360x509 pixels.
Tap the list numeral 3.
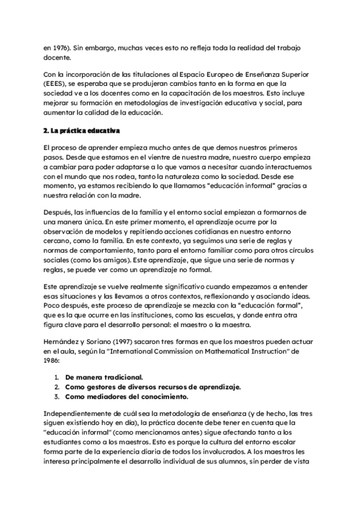[56, 396]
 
